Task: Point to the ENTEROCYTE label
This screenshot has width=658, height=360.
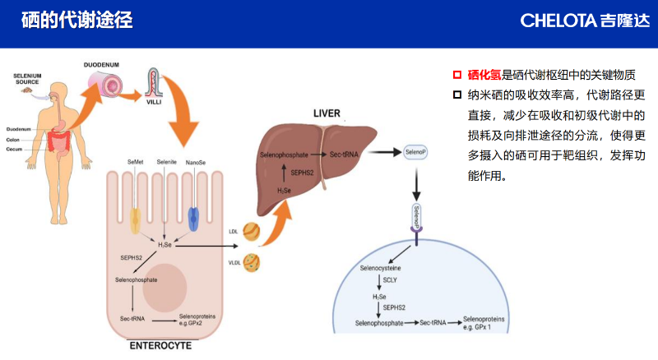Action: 161,346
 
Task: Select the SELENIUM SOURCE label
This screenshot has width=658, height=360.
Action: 27,80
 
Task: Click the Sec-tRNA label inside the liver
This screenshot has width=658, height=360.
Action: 345,155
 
